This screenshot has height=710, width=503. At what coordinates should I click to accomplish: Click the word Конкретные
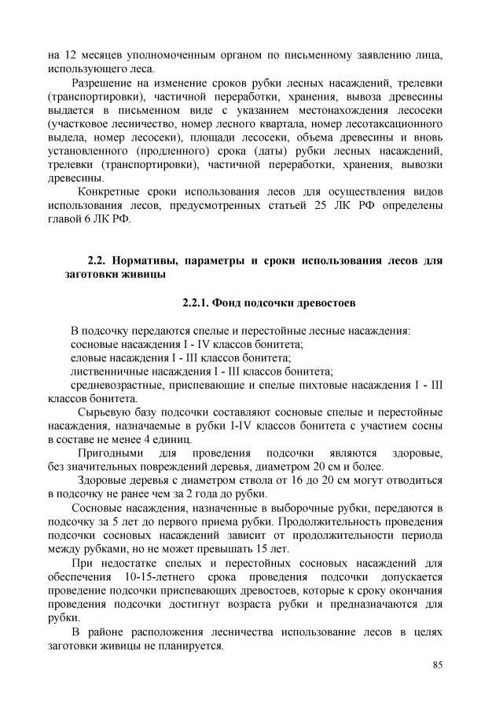coord(110,192)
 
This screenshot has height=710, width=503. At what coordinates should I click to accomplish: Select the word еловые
coord(88,357)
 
